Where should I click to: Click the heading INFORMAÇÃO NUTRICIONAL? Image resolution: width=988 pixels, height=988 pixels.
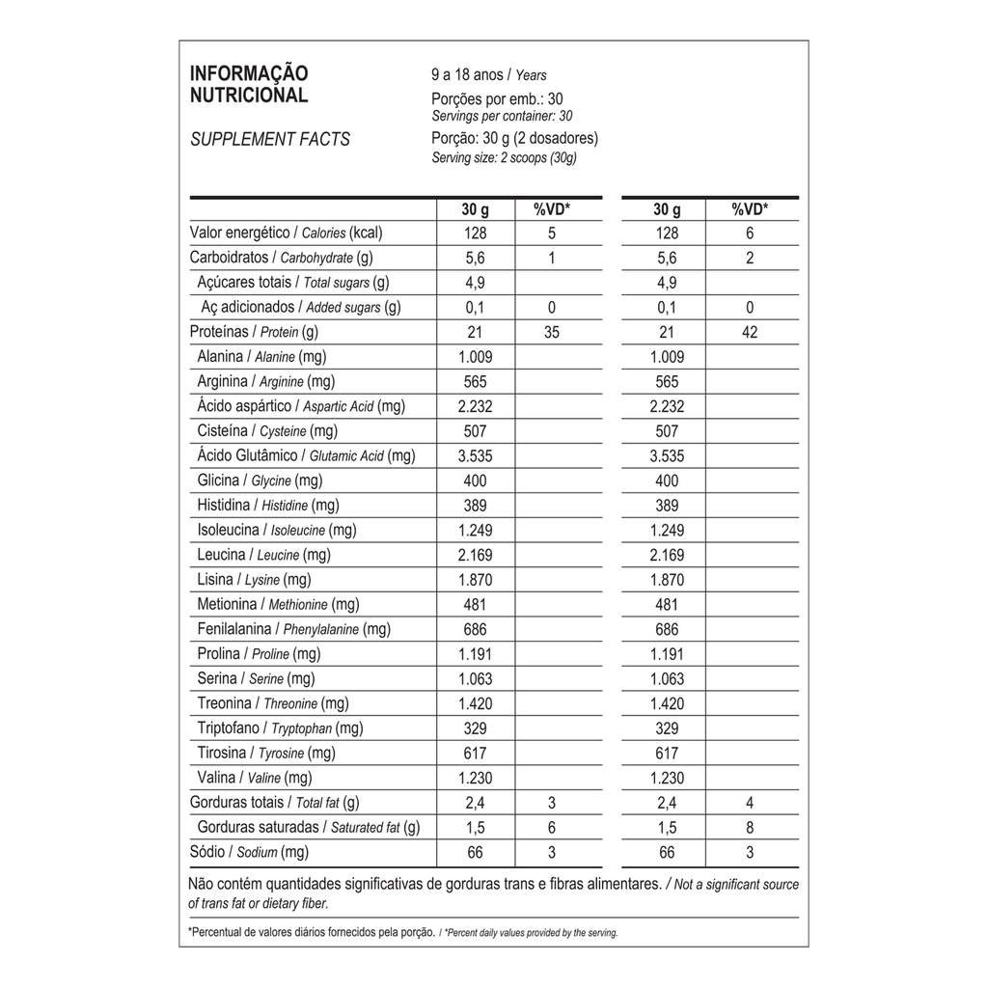pos(249,85)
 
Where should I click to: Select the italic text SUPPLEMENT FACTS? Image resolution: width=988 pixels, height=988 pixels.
pos(270,139)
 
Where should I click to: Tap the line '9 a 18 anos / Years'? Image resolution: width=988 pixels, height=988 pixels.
pos(489,74)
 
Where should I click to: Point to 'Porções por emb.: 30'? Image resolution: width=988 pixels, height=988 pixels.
pos(497,98)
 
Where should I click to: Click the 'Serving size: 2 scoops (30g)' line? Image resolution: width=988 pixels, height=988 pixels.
pos(504,157)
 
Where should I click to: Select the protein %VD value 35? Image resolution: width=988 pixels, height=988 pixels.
pos(552,333)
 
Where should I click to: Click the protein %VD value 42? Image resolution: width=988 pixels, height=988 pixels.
pos(750,333)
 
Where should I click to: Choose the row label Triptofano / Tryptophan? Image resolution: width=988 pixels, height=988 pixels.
pos(280,728)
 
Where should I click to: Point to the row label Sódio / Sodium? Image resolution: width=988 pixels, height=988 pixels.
pos(248,852)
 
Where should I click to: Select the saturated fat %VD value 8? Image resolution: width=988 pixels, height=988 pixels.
pos(750,828)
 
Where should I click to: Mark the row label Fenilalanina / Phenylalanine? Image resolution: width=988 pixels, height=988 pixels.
pos(293,629)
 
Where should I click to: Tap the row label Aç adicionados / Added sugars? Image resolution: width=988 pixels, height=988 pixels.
pos(301,308)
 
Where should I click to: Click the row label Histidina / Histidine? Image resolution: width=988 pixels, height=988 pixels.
pos(268,506)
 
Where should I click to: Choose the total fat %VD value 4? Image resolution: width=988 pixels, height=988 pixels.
pos(750,803)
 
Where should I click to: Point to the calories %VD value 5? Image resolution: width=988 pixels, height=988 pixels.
pos(552,233)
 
